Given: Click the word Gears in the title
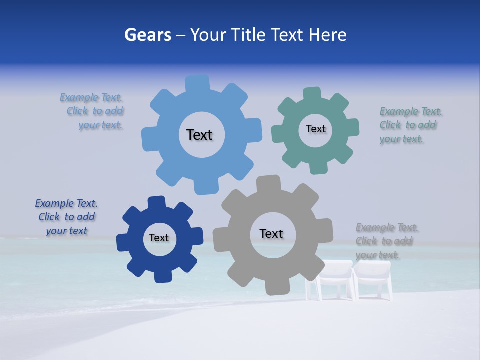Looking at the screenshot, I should (147, 35).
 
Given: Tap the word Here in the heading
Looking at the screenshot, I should (328, 35).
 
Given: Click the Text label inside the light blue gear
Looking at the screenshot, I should (199, 135).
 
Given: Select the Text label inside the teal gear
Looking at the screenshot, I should (315, 129).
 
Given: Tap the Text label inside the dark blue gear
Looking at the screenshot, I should (159, 238).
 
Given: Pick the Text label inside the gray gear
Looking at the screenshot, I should (271, 233).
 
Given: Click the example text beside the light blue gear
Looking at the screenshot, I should (95, 111).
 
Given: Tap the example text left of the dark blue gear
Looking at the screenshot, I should (67, 217).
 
